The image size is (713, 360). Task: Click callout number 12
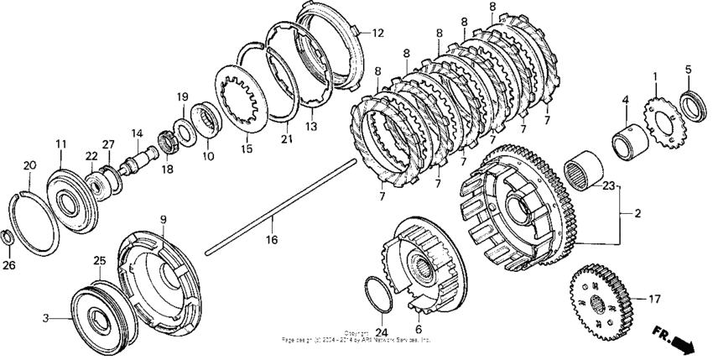pos(377,33)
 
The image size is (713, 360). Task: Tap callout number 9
pos(164,220)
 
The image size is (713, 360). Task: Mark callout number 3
pos(46,317)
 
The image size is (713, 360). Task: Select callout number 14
pos(137,133)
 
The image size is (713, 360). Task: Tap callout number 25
pos(98,262)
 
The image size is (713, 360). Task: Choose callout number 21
pos(288,139)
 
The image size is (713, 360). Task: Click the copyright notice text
pos(357,337)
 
